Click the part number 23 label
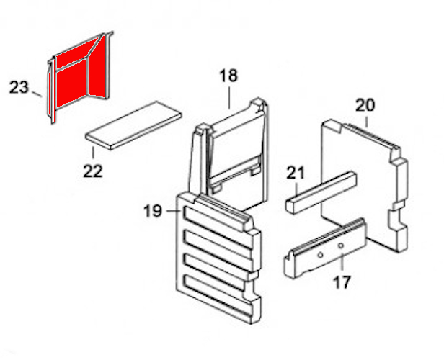pyautogui.click(x=19, y=87)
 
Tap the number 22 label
pyautogui.click(x=92, y=171)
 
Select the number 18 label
pyautogui.click(x=228, y=76)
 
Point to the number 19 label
pyautogui.click(x=153, y=211)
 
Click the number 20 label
pyautogui.click(x=365, y=105)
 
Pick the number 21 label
pyautogui.click(x=296, y=173)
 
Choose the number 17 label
pyautogui.click(x=342, y=282)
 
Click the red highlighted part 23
pyautogui.click(x=79, y=77)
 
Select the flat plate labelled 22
pyautogui.click(x=133, y=125)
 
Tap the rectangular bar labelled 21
pyautogui.click(x=321, y=192)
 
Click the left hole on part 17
pyautogui.click(x=320, y=255)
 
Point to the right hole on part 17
pyautogui.click(x=341, y=246)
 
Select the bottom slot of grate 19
pyautogui.click(x=217, y=295)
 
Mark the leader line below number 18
pyautogui.click(x=229, y=98)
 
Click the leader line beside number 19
pyautogui.click(x=172, y=211)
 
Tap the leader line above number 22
pyautogui.click(x=93, y=153)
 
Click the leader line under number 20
pyautogui.click(x=366, y=122)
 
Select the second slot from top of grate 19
pyautogui.click(x=217, y=246)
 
